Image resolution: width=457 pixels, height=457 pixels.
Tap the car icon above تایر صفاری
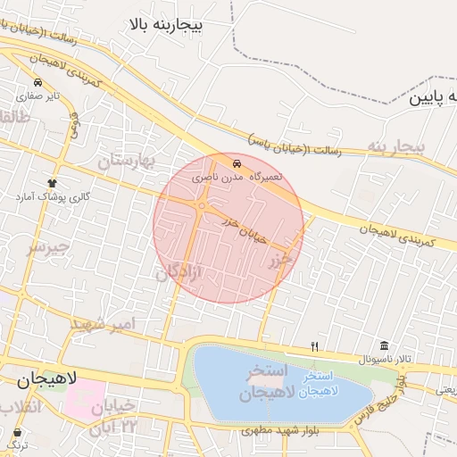(x=37, y=81)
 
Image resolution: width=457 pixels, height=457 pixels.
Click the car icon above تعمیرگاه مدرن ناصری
(x=237, y=164)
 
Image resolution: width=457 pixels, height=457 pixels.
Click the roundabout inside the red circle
(x=203, y=206)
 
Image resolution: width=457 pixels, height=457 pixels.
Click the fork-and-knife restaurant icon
(x=314, y=345)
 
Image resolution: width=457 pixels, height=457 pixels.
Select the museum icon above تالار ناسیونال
(x=385, y=345)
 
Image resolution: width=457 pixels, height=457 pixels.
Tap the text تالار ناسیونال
(x=385, y=359)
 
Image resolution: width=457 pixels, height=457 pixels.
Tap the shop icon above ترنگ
(x=16, y=432)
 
